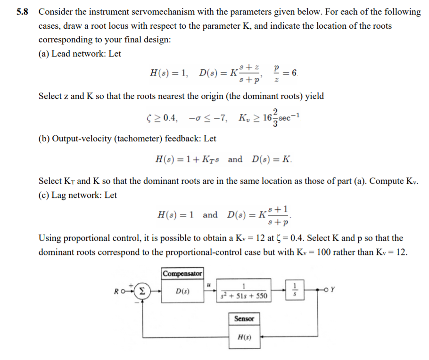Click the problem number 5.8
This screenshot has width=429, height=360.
click(22, 12)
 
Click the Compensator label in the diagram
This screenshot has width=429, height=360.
click(182, 273)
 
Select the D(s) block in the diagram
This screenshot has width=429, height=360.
click(182, 291)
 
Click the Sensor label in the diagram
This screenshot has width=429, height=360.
click(244, 319)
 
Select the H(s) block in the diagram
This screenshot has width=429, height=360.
click(244, 337)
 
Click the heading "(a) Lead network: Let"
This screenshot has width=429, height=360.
click(80, 54)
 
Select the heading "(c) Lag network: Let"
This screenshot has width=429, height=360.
click(78, 195)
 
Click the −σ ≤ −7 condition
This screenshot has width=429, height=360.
click(208, 118)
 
